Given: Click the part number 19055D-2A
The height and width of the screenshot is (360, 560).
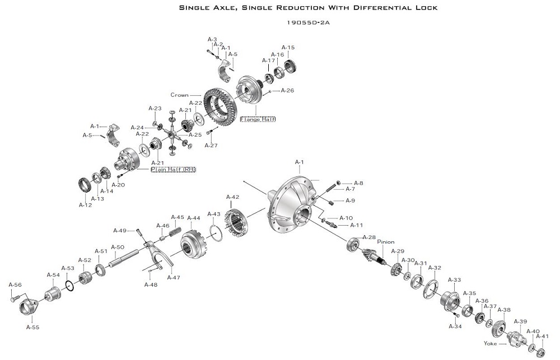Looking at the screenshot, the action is coord(308,23).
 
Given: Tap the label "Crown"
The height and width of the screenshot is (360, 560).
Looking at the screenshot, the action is coord(179,95).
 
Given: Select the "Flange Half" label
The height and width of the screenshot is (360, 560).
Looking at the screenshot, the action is coord(258,119).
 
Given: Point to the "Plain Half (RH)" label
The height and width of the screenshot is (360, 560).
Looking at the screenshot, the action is coord(173,169).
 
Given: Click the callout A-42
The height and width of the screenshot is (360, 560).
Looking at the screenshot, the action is coord(233,197).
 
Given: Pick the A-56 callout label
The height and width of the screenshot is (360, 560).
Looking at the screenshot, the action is coord(15,284).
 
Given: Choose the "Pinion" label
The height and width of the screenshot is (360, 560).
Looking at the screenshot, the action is coord(386,242).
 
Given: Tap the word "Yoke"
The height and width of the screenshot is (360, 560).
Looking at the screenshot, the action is coord(490,343).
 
